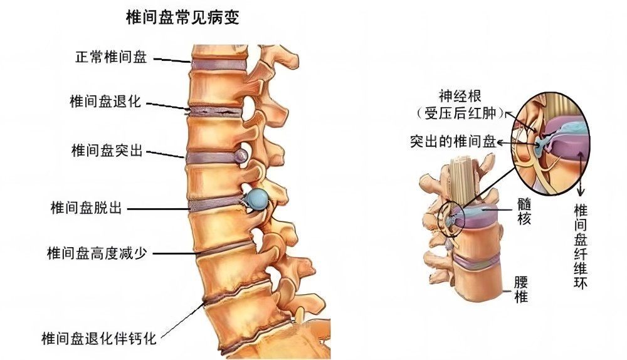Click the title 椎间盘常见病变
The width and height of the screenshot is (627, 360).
pos(182,18)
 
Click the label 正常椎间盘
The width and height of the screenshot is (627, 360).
pos(112,58)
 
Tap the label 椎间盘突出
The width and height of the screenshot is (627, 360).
pos(107,151)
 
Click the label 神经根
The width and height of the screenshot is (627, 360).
pos(461,97)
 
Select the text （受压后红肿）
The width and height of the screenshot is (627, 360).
pos(461,114)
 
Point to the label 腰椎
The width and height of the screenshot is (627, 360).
pos(520,289)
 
